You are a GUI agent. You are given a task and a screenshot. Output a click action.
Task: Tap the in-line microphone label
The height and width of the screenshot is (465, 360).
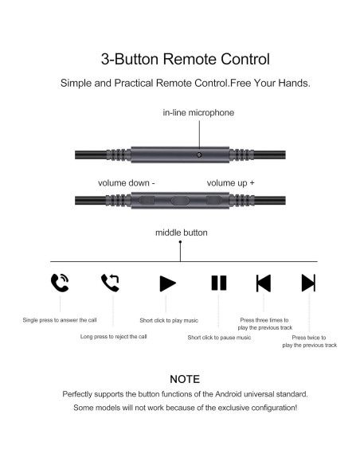pyautogui.click(x=198, y=113)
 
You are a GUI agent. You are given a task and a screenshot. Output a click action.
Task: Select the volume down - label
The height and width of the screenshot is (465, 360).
pyautogui.click(x=127, y=182)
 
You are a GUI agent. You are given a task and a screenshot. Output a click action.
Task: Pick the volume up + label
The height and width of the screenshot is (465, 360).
pyautogui.click(x=231, y=182)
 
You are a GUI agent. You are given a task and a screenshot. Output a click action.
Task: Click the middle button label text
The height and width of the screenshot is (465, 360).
pyautogui.click(x=182, y=232)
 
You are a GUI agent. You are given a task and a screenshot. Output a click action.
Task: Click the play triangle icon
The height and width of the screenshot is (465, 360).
pyautogui.click(x=167, y=283)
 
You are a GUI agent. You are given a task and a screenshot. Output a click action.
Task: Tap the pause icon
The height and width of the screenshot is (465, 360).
pyautogui.click(x=219, y=283)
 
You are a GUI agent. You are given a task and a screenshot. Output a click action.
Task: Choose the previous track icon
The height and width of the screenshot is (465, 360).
pyautogui.click(x=263, y=283)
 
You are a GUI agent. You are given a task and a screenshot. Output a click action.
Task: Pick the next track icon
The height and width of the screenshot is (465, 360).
pyautogui.click(x=308, y=283)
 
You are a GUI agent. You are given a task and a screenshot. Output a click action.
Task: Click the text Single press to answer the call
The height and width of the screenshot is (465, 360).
pyautogui.click(x=60, y=320)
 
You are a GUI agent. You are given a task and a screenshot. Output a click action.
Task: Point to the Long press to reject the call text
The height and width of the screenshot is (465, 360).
pyautogui.click(x=113, y=336)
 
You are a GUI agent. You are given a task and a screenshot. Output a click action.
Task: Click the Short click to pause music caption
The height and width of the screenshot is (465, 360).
pyautogui.click(x=219, y=337)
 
